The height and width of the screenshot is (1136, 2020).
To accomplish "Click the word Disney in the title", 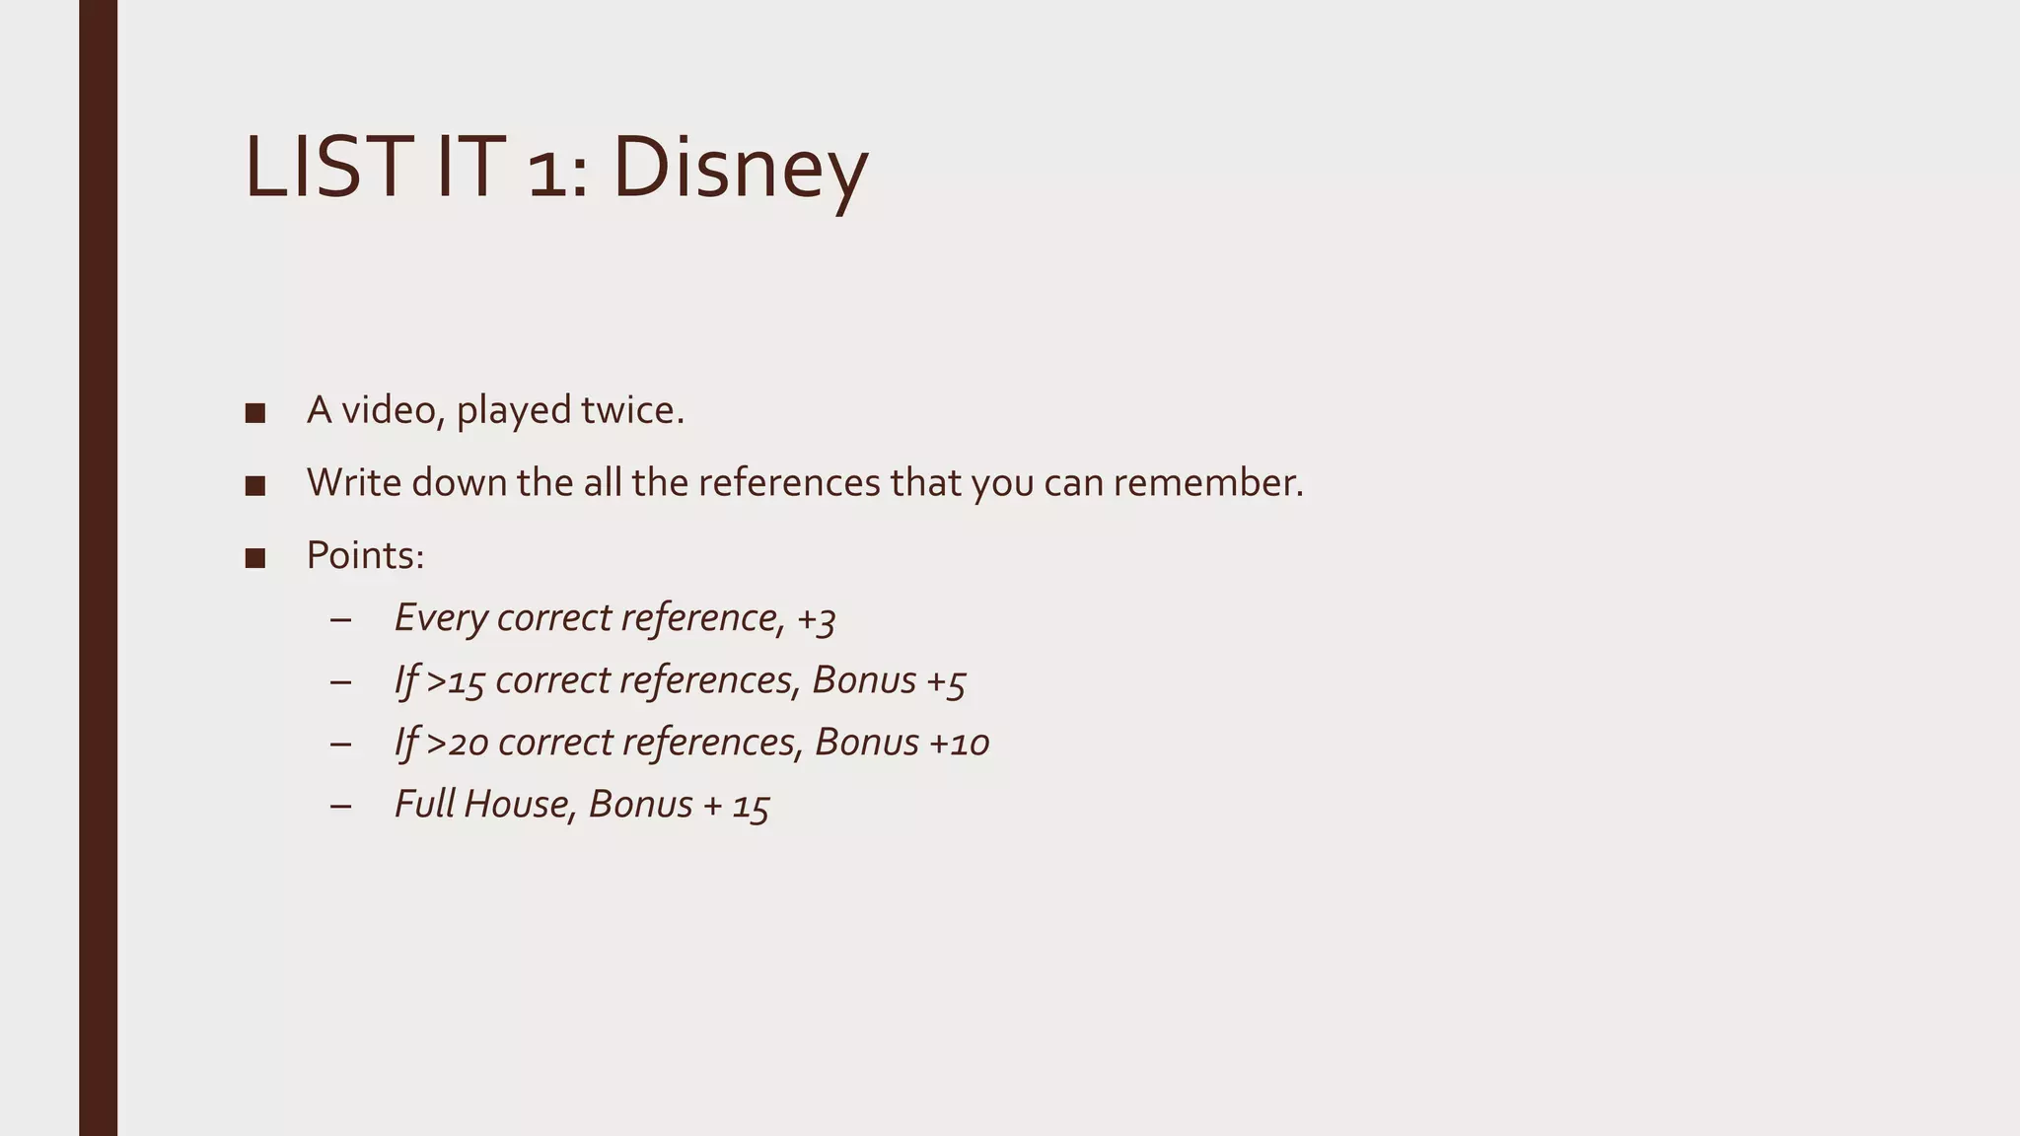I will pos(739,170).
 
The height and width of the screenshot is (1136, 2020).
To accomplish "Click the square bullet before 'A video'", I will pos(255,413).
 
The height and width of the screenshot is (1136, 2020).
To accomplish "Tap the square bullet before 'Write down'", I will pos(255,485).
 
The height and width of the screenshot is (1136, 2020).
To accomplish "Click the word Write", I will pos(353,483).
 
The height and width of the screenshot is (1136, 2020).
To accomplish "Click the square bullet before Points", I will pos(255,558).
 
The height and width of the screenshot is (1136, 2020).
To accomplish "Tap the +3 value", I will pos(816,619).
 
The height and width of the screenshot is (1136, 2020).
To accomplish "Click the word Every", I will pos(441,619).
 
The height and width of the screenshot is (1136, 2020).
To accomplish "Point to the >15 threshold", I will pos(456,681).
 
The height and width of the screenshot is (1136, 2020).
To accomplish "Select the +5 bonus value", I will pos(946,681).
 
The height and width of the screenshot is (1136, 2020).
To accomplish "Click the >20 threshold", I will pos(458,744).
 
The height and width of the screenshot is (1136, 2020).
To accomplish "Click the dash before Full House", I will pos(341,806).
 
